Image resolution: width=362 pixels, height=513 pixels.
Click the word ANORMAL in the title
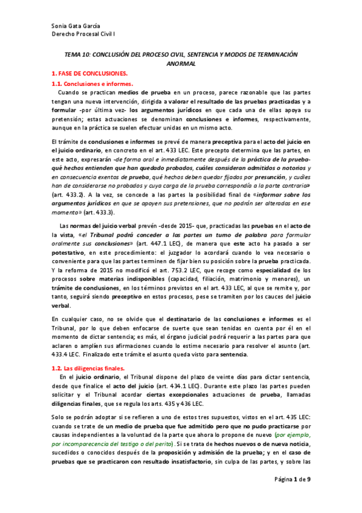[181, 63]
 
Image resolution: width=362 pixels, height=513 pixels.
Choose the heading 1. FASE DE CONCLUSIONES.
[88, 73]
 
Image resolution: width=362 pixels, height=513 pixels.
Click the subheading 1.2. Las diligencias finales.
[88, 368]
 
